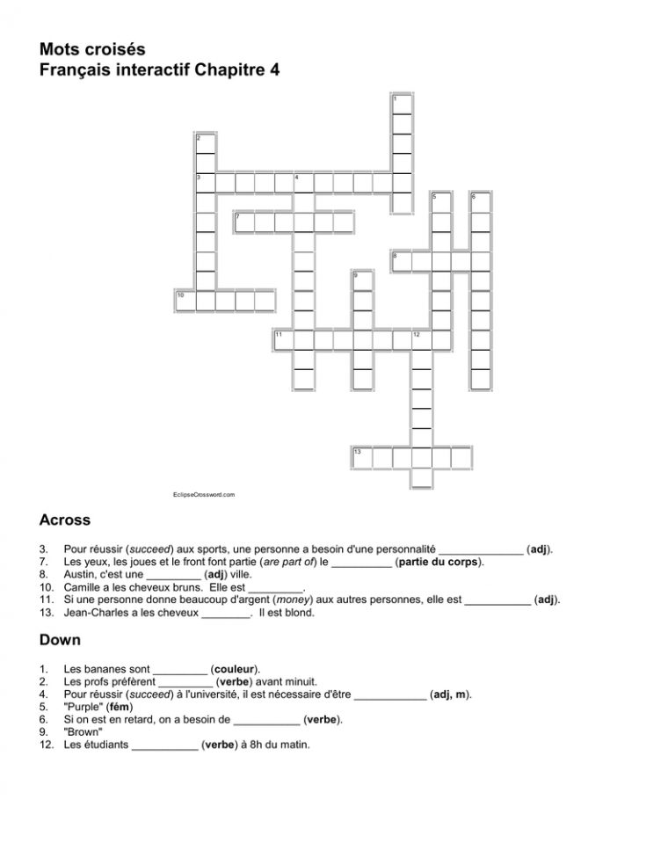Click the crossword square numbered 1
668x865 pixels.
coord(401,104)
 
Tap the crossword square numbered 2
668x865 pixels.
coord(205,143)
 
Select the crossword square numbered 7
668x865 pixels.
coord(243,222)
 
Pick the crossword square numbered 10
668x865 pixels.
coord(185,301)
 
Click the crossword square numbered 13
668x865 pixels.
coord(361,457)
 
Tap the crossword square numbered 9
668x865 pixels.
coord(361,280)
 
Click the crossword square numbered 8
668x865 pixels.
coord(401,261)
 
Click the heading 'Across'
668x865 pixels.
coord(65,520)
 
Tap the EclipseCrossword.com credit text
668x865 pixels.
coord(204,496)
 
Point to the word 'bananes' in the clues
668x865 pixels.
coord(104,668)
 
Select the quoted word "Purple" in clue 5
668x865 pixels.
coord(83,707)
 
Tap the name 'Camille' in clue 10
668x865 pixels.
coord(83,587)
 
